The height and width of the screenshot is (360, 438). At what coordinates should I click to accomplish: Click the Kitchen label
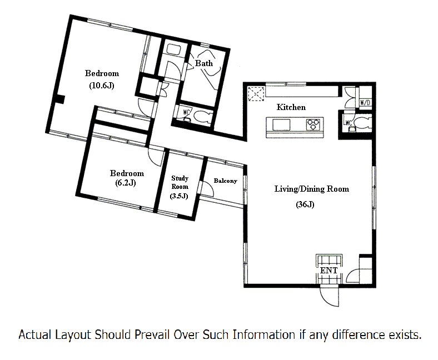tap(291, 107)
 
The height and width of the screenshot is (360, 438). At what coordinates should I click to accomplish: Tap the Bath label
tap(204, 63)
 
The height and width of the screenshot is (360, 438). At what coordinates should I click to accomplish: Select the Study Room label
tap(180, 182)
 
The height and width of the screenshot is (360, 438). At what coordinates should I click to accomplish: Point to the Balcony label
tap(226, 181)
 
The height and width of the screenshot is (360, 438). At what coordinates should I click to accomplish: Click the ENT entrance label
tap(329, 271)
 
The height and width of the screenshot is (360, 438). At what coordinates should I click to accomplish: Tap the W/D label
tap(365, 103)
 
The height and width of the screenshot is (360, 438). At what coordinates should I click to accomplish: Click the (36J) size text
tap(305, 204)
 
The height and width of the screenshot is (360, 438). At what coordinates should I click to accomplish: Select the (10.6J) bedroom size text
tap(102, 86)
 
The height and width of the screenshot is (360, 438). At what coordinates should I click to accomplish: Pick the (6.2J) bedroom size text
tap(126, 183)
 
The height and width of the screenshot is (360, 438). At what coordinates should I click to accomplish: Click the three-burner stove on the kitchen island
tap(313, 124)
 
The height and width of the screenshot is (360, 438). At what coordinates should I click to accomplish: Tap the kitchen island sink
tap(281, 124)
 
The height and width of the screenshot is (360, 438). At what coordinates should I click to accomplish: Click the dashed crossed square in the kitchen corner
tap(256, 93)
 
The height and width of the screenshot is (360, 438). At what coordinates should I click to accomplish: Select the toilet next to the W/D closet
tap(362, 123)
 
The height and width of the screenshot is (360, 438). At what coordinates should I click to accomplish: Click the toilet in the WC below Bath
tap(202, 117)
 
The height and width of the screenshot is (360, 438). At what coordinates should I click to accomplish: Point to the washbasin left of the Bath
tap(174, 50)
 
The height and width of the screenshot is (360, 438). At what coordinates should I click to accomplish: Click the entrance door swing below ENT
tap(330, 297)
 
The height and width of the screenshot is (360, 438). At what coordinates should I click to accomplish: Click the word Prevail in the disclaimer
tap(153, 334)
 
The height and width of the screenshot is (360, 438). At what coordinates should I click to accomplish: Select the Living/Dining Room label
tap(312, 189)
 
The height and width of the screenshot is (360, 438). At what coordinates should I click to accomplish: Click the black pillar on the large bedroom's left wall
tap(60, 99)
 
